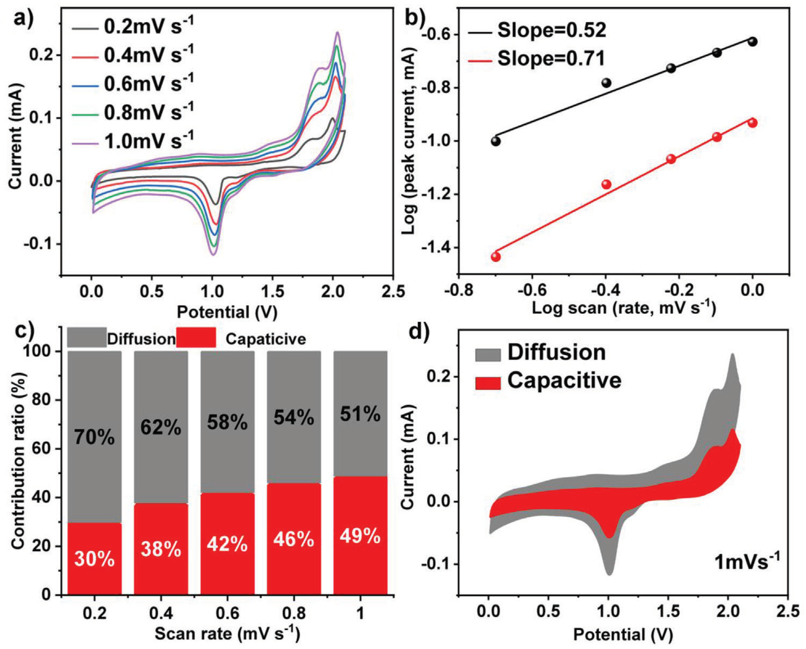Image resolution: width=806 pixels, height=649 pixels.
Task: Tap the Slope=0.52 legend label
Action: point(551,31)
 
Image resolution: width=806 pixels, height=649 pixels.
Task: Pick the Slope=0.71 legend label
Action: point(551,58)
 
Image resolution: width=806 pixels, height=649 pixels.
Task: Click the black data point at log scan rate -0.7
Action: point(495,141)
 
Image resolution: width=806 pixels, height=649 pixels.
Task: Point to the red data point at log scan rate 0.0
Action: point(752,123)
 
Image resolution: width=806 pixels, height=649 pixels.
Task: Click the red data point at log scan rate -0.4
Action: point(607,184)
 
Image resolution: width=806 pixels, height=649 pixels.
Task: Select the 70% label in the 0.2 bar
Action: point(95,438)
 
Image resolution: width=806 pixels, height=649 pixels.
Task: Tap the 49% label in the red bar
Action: point(360,536)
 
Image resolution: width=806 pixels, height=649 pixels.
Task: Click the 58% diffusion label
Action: point(227,423)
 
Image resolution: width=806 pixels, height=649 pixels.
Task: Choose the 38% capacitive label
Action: point(161,549)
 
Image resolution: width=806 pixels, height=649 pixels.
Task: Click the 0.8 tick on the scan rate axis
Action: point(294,613)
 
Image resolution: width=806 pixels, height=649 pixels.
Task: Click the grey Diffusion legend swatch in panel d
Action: point(487,355)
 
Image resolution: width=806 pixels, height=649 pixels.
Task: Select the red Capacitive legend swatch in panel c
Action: point(196,338)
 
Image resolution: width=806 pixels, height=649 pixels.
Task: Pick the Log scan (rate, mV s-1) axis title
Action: point(624,308)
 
